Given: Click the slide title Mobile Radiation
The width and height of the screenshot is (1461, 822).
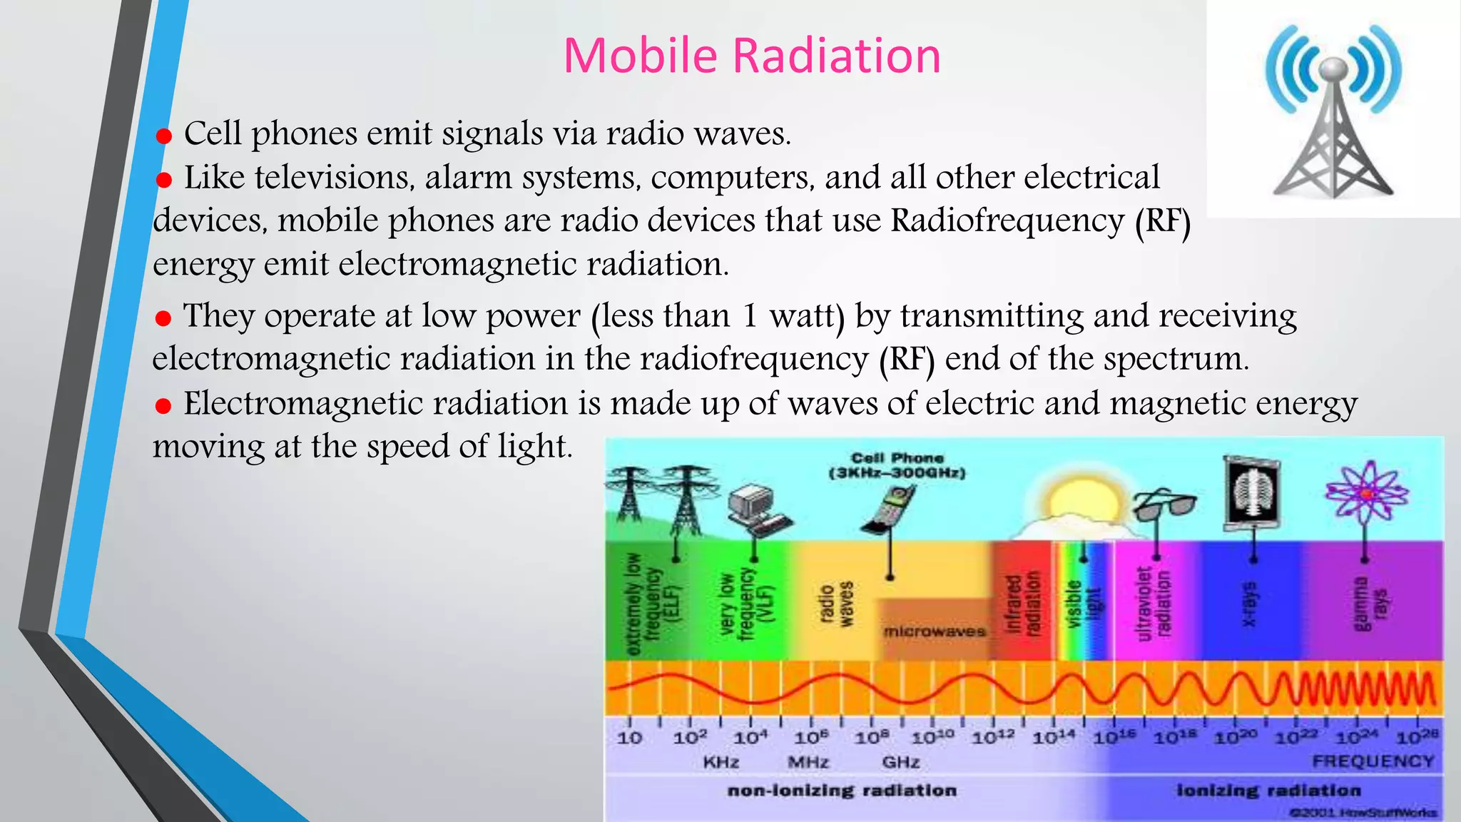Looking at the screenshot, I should click(x=752, y=56).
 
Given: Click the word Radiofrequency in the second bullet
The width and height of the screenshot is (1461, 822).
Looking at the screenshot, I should click(x=1007, y=220).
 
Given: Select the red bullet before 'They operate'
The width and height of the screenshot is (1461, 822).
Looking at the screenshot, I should click(x=163, y=318).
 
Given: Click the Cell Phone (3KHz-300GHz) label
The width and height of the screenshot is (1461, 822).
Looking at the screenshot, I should click(x=897, y=465).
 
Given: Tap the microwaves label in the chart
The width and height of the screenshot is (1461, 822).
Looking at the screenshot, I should click(x=934, y=631).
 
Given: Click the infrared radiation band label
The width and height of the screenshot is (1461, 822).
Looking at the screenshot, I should click(x=1023, y=604).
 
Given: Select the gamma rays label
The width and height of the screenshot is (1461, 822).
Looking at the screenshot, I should click(x=1370, y=604).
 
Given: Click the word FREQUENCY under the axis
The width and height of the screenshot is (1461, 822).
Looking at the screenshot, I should click(x=1373, y=761).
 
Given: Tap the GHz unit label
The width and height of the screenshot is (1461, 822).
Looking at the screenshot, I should click(x=900, y=762).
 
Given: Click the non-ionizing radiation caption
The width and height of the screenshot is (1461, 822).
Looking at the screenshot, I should click(x=842, y=791).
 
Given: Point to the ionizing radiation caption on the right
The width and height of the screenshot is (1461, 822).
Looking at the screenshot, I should click(x=1268, y=791).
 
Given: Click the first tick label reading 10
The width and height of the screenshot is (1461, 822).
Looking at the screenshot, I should click(x=629, y=738).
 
